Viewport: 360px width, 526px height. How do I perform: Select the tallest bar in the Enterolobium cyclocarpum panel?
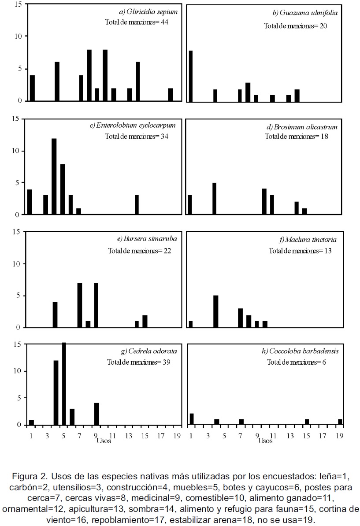[54, 176]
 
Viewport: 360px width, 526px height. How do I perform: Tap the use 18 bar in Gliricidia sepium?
[171, 94]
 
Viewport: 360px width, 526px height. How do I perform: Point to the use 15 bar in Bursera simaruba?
[145, 321]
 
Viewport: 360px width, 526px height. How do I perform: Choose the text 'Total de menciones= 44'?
[137, 22]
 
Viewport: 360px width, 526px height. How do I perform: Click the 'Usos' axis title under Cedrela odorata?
[104, 441]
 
